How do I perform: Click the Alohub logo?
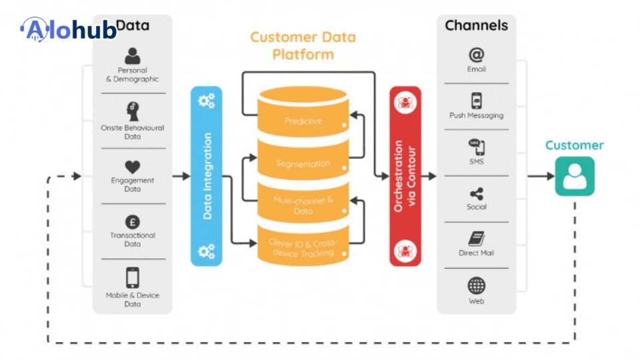[x=69, y=29]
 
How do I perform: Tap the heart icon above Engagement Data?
[x=133, y=167]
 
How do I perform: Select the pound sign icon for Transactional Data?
[x=133, y=222]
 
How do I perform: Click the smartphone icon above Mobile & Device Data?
[x=133, y=277]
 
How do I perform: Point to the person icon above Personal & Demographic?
[x=133, y=56]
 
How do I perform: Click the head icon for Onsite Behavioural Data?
[x=133, y=111]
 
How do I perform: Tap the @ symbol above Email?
[x=476, y=55]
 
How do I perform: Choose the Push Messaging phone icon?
[x=476, y=101]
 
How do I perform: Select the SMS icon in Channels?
[x=476, y=147]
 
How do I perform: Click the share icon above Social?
[x=476, y=194]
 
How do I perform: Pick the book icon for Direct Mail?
[x=476, y=239]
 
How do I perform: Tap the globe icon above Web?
[x=476, y=286]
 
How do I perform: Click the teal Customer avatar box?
[x=575, y=176]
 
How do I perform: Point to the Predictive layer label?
[x=303, y=121]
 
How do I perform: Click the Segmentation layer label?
[x=303, y=163]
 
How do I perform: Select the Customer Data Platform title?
[x=303, y=45]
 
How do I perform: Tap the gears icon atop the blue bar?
[x=207, y=101]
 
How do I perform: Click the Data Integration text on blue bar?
[x=207, y=176]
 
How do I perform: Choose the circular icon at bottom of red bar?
[x=405, y=251]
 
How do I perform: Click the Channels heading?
[x=476, y=25]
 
